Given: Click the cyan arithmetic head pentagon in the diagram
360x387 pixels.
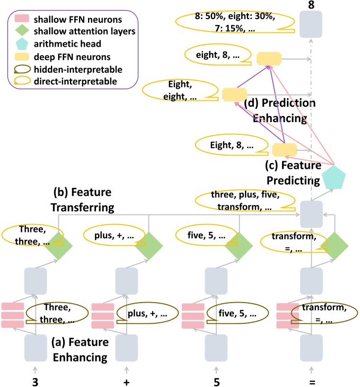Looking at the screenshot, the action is pos(334,178).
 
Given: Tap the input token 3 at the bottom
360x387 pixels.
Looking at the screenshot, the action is pos(36,382).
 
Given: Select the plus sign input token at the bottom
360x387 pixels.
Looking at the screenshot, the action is pos(127,382).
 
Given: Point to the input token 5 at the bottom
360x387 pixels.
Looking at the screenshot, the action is pos(216,382).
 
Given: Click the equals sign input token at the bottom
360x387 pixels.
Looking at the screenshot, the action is pos(312,382).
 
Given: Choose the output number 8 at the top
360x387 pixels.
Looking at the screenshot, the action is pos(311,5).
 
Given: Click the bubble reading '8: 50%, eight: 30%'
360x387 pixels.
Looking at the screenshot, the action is pos(235,22).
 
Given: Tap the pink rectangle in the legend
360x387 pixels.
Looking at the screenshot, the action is pos(22,18).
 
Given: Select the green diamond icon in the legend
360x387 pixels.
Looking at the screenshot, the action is pos(22,31).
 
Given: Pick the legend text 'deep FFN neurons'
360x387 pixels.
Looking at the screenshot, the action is pos(72,57).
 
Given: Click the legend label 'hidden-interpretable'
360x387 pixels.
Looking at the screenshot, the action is pos(78,70).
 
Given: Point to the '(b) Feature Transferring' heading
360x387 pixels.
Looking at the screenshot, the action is pos(82,200).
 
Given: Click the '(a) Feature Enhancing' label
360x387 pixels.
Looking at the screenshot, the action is pos(80,349).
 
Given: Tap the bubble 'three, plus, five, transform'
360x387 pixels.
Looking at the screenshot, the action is pos(245,201).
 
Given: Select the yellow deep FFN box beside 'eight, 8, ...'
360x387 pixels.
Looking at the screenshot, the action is pos(269,59).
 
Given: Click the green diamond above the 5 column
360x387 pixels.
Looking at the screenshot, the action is pos(239,246).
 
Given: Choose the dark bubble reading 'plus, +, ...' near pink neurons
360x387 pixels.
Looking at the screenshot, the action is pos(147,313).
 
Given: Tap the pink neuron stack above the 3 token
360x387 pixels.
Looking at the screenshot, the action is pos(13,315).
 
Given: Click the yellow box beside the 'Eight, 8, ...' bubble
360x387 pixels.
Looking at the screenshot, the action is pos(285,150).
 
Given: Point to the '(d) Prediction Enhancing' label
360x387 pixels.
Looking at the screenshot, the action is pos(280,110).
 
